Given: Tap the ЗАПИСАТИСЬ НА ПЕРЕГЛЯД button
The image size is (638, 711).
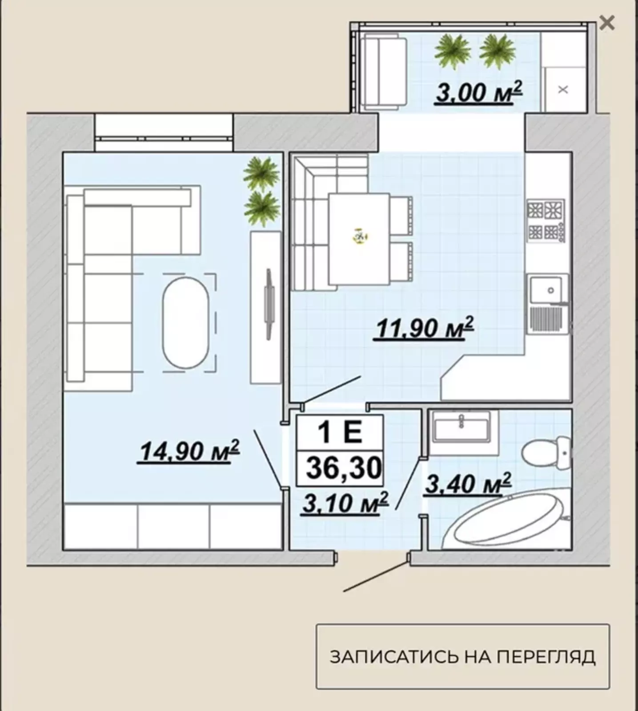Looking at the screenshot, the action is tap(463, 656).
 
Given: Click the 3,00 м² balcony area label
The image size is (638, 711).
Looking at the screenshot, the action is tap(479, 92).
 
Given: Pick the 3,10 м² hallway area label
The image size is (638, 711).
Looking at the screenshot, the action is tap(345, 503).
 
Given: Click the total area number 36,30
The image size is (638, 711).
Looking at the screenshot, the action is tap(344, 468).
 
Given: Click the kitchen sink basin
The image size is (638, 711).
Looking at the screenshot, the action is tap(546, 290).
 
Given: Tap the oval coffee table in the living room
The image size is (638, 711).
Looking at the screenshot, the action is tap(185, 323).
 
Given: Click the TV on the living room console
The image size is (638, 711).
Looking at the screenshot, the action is tap(268, 304).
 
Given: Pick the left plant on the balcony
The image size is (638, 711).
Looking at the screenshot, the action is tap(452, 52).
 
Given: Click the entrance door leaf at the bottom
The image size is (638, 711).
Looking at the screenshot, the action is tap(375, 576).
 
